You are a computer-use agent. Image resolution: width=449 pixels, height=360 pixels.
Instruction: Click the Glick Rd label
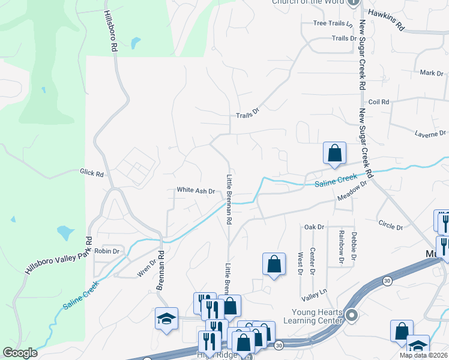pyautogui.click(x=92, y=173)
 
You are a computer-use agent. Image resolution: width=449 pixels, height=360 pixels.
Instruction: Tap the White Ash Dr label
pyautogui.click(x=196, y=190)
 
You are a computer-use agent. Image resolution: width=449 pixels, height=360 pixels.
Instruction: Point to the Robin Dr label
pyautogui.click(x=107, y=251)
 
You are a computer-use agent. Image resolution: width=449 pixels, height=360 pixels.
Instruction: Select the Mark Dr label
pyautogui.click(x=431, y=73)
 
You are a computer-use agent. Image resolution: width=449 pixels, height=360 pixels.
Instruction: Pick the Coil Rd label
pyautogui.click(x=379, y=102)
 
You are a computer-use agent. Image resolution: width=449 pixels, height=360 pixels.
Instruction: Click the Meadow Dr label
pyautogui.click(x=352, y=193)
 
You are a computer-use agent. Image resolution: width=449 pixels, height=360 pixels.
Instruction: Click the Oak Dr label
pyautogui.click(x=314, y=227)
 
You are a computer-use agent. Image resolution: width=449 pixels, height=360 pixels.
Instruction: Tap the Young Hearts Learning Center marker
pyautogui.click(x=352, y=315)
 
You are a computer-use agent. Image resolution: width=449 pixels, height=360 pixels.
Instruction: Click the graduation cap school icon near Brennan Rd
pyautogui.click(x=166, y=319)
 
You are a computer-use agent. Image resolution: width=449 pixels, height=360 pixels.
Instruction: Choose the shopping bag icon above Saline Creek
pyautogui.click(x=334, y=153)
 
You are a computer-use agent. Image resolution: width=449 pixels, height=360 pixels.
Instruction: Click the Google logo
pyautogui.click(x=20, y=353)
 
